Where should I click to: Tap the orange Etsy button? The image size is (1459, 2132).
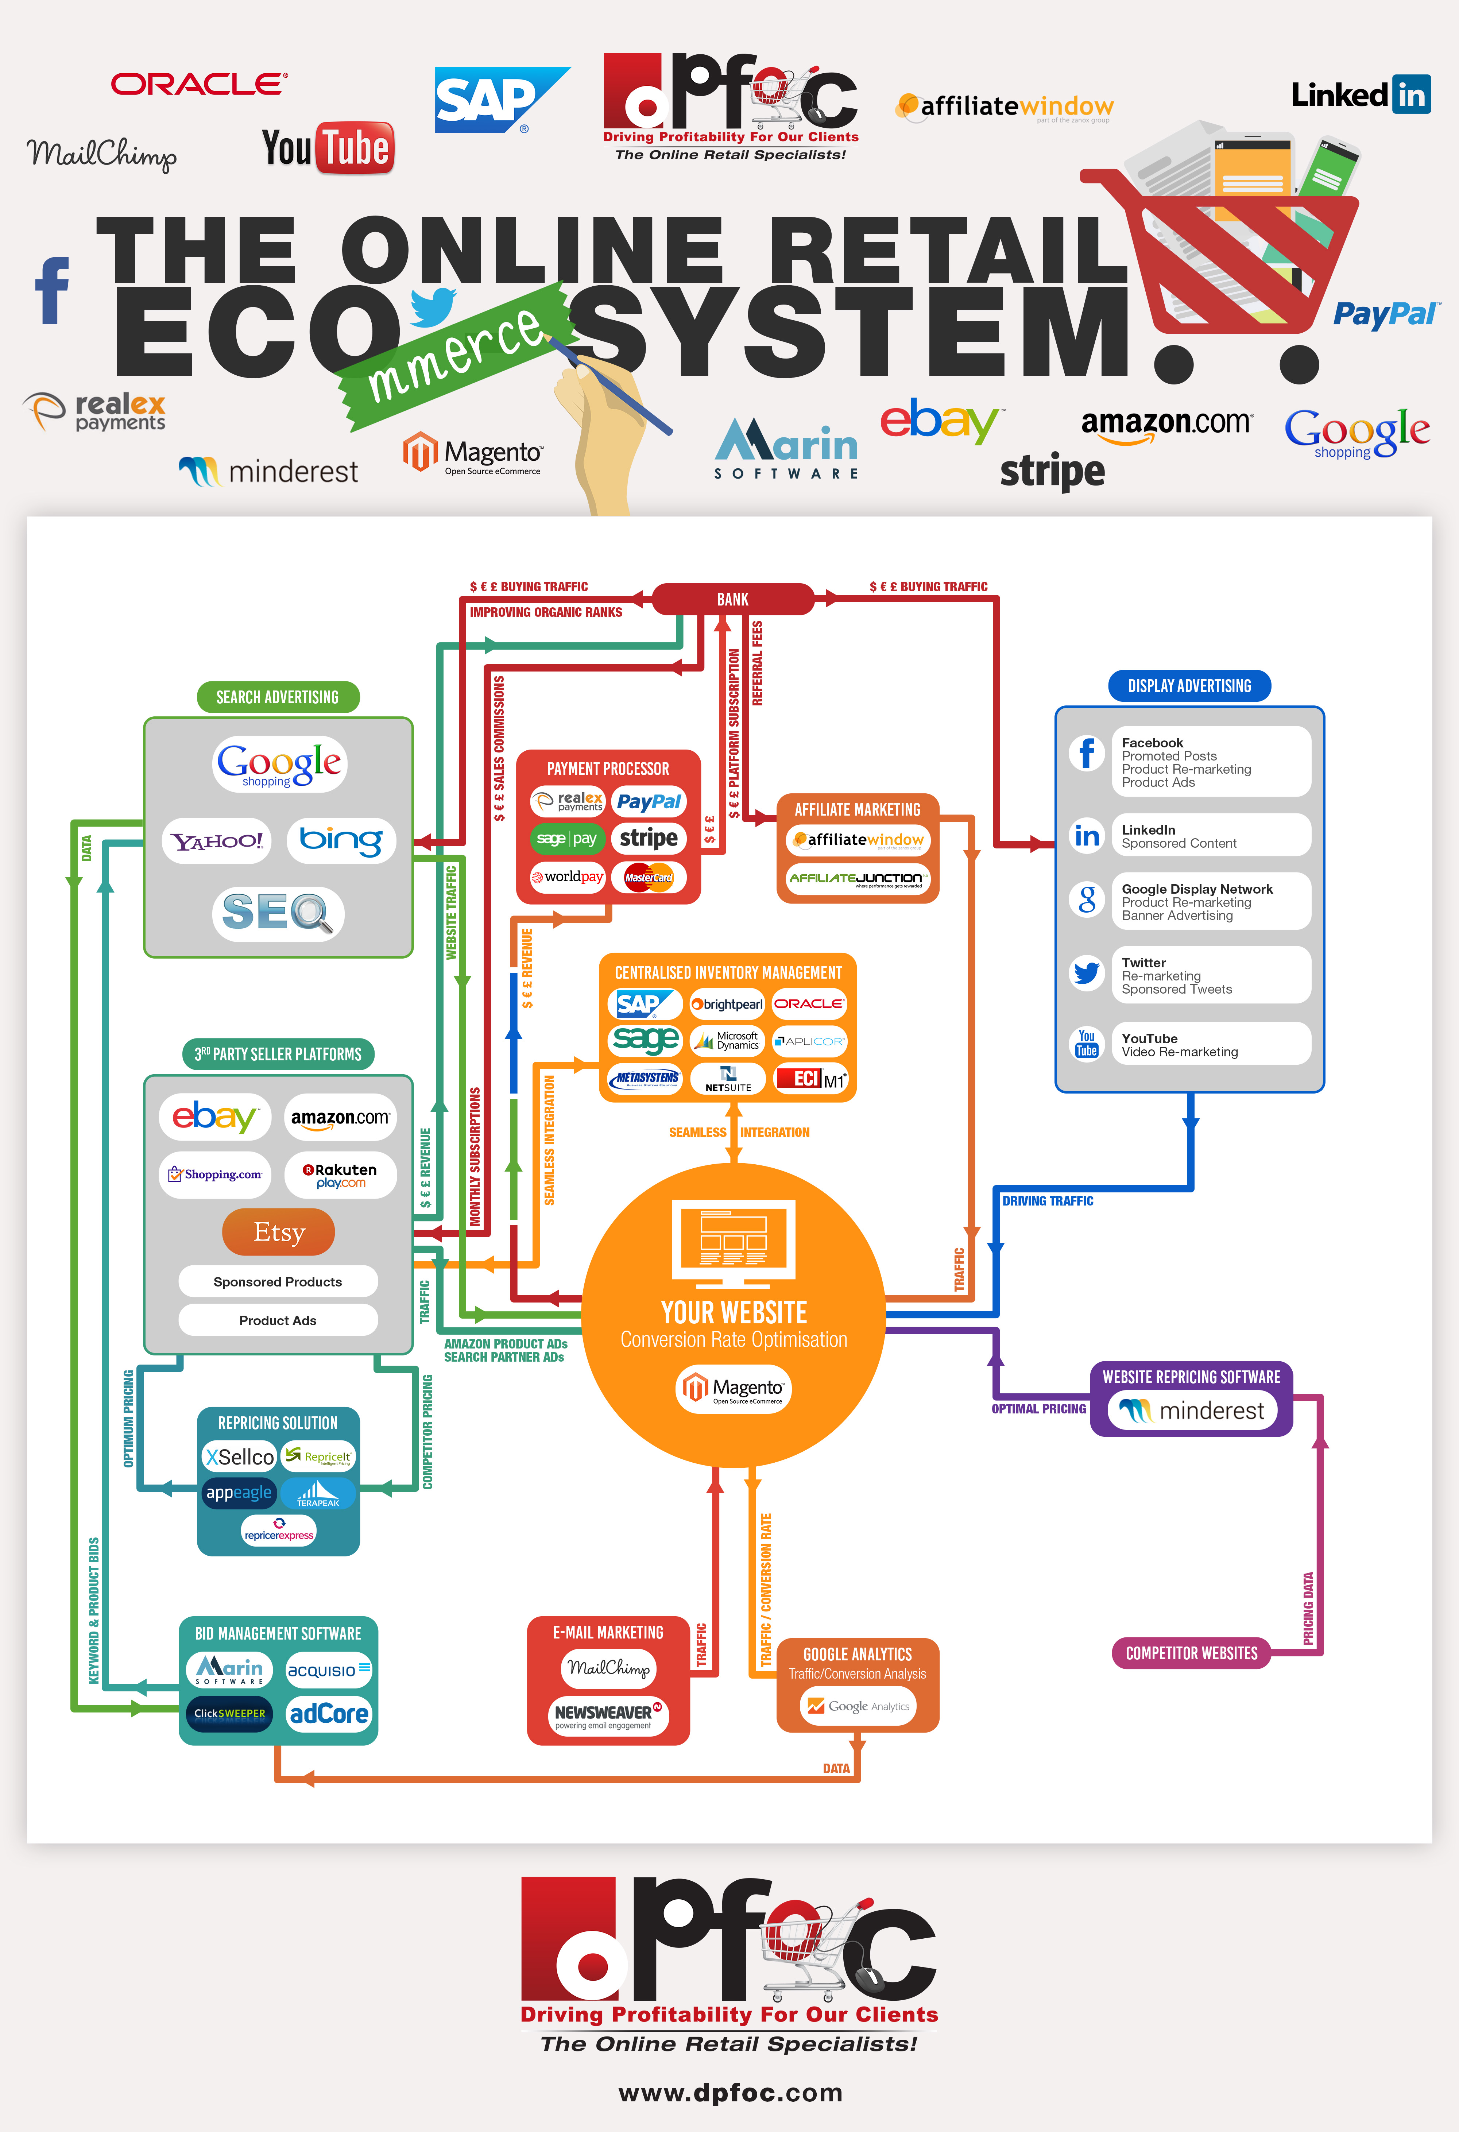pyautogui.click(x=278, y=1232)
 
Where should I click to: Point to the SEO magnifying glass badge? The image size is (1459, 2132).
pyautogui.click(x=278, y=913)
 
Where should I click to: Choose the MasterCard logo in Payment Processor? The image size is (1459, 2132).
pyautogui.click(x=649, y=877)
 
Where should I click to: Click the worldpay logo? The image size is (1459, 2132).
pyautogui.click(x=567, y=877)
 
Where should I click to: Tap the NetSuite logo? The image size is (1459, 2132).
pyautogui.click(x=728, y=1079)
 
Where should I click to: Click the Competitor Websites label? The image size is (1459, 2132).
pyautogui.click(x=1191, y=1653)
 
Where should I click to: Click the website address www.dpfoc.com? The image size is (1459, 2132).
pyautogui.click(x=731, y=2093)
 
